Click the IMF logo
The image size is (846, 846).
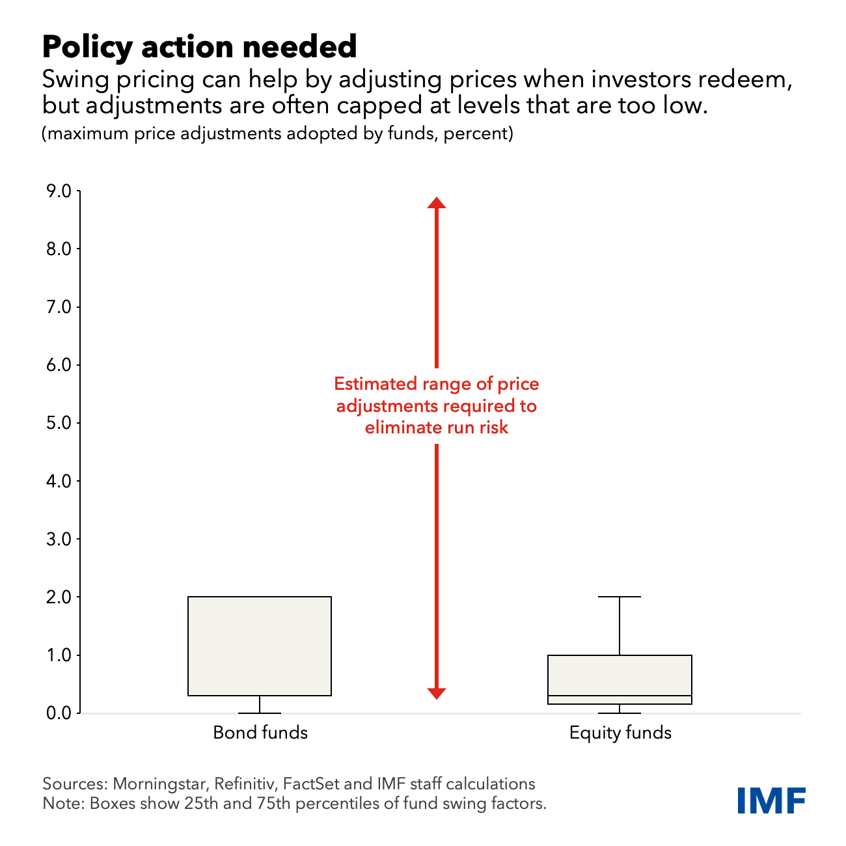click(772, 800)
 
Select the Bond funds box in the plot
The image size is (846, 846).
click(260, 646)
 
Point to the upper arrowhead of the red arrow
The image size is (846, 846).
click(437, 202)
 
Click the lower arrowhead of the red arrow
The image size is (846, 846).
click(437, 693)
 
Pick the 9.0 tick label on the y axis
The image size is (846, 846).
click(58, 191)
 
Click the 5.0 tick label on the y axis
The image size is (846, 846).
click(58, 423)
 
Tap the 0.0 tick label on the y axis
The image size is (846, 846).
click(58, 713)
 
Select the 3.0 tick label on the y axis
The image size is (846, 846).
click(58, 539)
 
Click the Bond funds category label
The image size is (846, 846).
click(260, 733)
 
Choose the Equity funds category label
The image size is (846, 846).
click(620, 733)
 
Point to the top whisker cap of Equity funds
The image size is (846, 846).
click(620, 597)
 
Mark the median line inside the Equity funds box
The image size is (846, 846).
click(620, 696)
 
